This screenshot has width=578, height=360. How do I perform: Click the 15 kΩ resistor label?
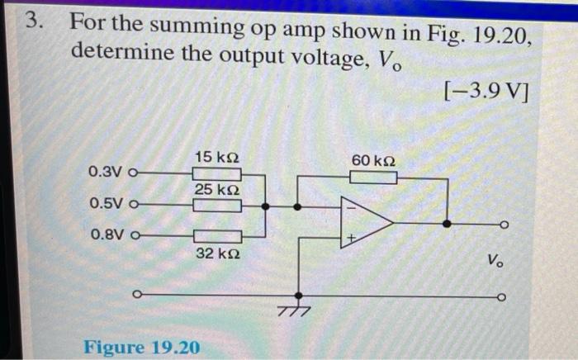click(x=217, y=157)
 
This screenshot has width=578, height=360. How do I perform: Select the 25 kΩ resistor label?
click(x=217, y=190)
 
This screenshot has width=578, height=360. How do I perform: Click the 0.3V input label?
click(x=105, y=173)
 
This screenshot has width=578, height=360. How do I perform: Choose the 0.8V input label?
click(x=105, y=235)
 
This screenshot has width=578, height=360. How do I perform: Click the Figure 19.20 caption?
click(x=141, y=347)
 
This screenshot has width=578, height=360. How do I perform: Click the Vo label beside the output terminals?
click(x=494, y=262)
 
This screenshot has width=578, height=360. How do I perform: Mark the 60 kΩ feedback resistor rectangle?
click(x=373, y=176)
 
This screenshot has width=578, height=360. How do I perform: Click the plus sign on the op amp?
click(x=350, y=239)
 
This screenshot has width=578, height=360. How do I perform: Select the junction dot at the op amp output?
click(x=447, y=223)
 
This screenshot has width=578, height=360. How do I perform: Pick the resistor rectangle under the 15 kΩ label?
click(x=217, y=173)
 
